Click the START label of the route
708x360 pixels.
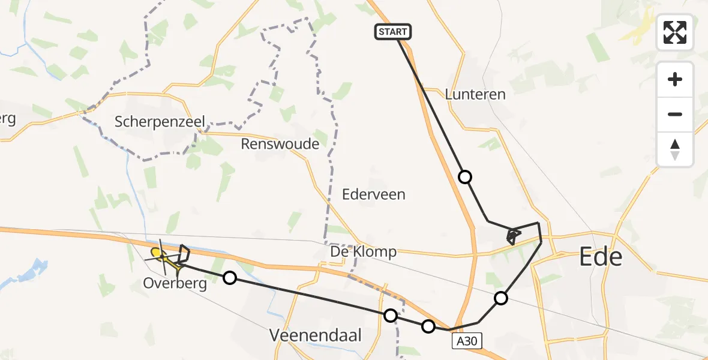coord(393,32)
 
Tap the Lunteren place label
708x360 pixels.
coord(475,94)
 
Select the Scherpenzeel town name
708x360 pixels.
coord(160,122)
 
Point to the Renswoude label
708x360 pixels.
coord(280,143)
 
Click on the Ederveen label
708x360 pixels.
coord(373,194)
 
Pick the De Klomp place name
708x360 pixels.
coord(364,252)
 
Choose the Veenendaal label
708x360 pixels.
coord(316,335)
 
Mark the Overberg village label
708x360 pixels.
coord(175,283)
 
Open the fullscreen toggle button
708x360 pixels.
coord(675,32)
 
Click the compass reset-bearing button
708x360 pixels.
coord(675,149)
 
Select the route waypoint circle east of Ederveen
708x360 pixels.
coord(465,177)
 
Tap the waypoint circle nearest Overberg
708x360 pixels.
coord(229,277)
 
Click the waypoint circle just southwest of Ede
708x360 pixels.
coord(501,298)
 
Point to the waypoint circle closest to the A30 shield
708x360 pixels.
coord(428,326)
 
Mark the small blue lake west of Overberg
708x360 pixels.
coord(38,268)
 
